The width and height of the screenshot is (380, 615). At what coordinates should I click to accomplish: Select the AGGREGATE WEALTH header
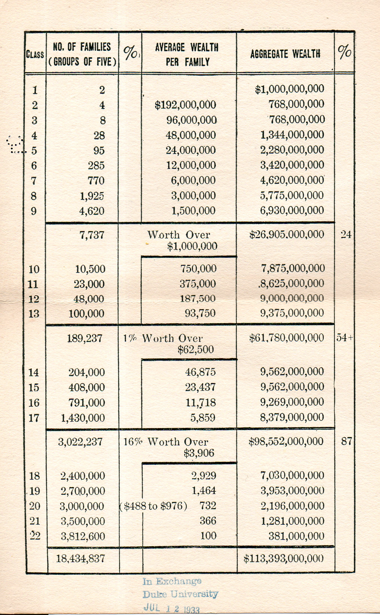click(285, 54)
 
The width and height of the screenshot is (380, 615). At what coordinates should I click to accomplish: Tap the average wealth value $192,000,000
click(185, 105)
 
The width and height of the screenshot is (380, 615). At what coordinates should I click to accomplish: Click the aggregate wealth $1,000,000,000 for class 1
click(289, 89)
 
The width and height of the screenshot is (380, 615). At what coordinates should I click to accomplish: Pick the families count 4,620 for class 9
click(92, 211)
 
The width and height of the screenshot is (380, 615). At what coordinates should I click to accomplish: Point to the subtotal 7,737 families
click(92, 235)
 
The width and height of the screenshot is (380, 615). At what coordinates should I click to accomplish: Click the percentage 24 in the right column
click(346, 235)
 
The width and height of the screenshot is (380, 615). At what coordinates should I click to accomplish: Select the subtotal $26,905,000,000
click(287, 235)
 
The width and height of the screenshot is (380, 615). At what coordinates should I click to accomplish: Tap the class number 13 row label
click(34, 314)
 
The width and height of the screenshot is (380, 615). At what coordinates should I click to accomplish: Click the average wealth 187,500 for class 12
click(198, 299)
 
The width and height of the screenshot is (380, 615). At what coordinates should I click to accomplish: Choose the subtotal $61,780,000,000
click(287, 338)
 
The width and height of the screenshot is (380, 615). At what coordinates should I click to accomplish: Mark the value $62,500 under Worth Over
click(196, 350)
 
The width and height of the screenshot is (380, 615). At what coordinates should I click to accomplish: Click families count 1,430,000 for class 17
click(83, 418)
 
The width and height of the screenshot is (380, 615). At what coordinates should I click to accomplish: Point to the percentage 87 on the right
click(347, 441)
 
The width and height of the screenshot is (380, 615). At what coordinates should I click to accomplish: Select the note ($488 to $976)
click(153, 506)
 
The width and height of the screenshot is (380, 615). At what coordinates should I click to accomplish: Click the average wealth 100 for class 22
click(208, 536)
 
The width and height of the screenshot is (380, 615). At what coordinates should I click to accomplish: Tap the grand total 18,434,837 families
click(81, 558)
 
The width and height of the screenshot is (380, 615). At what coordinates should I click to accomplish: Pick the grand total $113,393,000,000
click(283, 559)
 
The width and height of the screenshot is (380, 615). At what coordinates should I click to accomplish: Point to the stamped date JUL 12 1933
click(171, 608)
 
